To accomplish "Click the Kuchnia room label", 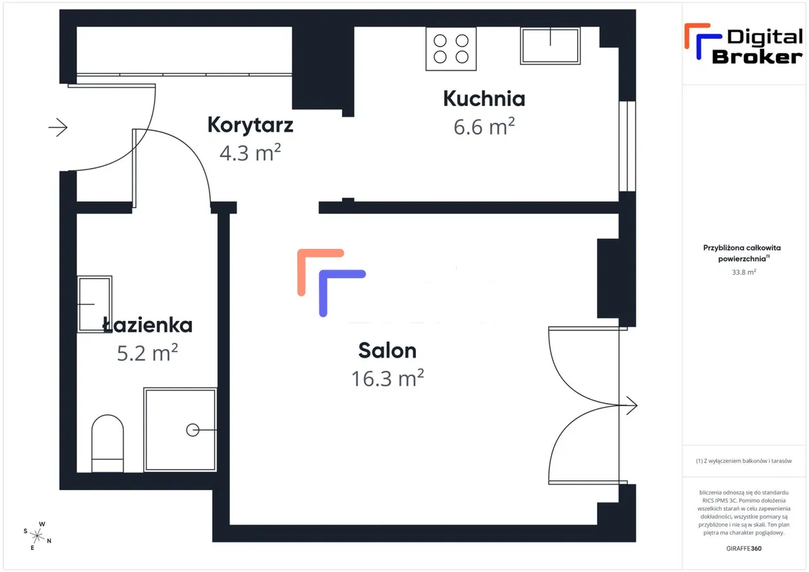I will click(484, 99).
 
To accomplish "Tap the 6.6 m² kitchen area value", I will click(484, 127).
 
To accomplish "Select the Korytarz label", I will click(250, 125).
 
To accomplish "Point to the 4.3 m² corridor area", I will click(250, 152).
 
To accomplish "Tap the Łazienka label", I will click(148, 326).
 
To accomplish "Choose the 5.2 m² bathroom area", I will click(148, 353).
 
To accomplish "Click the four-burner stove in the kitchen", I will click(451, 49).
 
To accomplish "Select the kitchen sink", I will click(550, 46).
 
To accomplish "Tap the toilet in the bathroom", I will click(107, 443).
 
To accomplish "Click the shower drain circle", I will click(192, 430).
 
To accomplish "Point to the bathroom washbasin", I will click(94, 304).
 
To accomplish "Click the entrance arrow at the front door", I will click(58, 128).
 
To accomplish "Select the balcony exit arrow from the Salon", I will click(631, 405).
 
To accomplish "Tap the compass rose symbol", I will click(37, 536).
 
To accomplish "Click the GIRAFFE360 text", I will click(744, 548).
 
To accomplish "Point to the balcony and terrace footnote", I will click(744, 461).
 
